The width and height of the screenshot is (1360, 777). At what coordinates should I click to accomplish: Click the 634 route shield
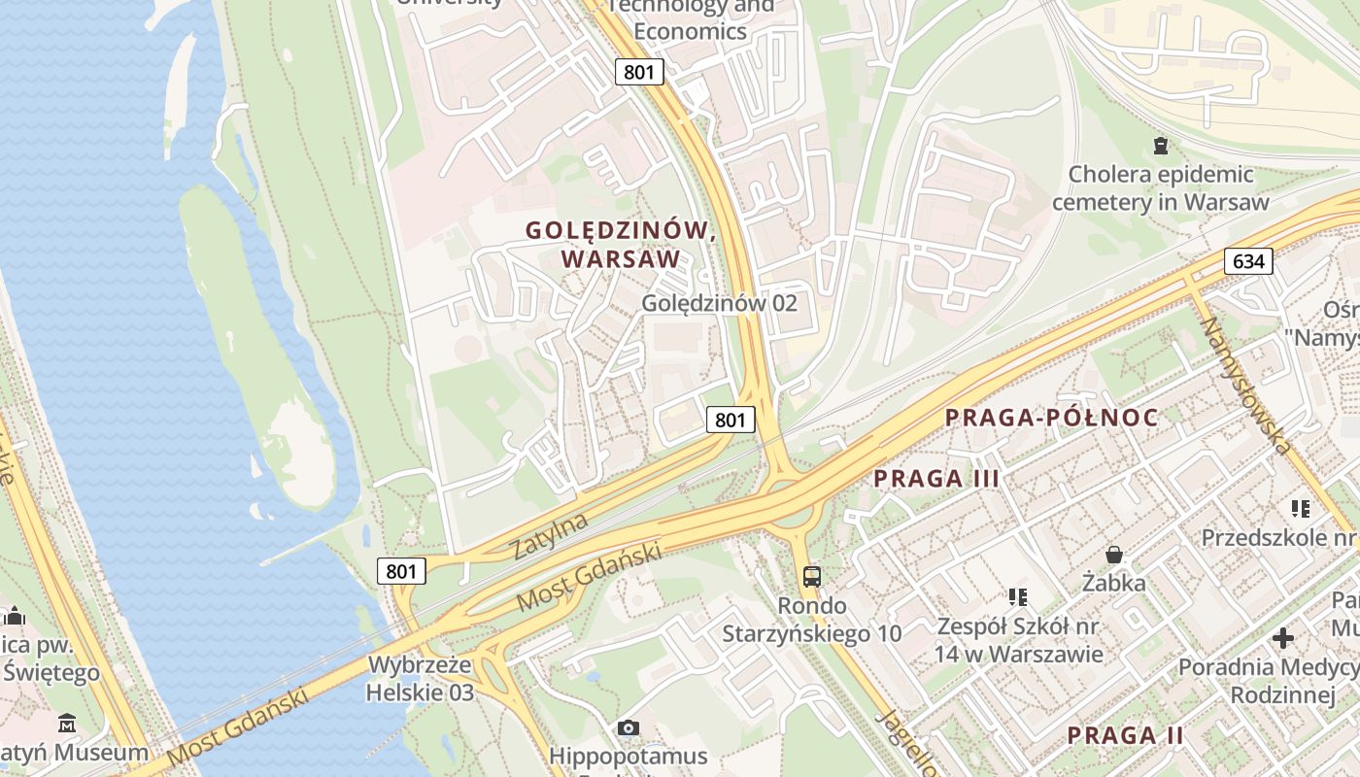[x=1248, y=260]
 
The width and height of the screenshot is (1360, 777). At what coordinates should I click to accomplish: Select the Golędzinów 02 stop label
[x=719, y=303]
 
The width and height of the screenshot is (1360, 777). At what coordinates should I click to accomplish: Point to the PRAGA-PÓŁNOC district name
[x=1052, y=418]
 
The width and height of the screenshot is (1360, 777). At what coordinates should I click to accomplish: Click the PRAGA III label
[x=936, y=478]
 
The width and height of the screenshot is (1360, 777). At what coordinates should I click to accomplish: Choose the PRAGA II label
[x=1125, y=735]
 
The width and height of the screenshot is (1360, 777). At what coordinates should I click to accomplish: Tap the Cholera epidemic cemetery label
[x=1160, y=188]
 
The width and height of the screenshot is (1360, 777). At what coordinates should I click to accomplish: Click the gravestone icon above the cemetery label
[x=1160, y=146]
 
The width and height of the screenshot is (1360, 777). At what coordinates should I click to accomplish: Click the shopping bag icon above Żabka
[x=1114, y=555]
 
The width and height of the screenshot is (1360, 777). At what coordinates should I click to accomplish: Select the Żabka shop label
[x=1114, y=583]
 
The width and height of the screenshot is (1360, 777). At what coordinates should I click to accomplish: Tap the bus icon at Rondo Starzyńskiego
[x=811, y=577]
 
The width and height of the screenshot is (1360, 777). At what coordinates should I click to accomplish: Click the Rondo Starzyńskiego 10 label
[x=811, y=620]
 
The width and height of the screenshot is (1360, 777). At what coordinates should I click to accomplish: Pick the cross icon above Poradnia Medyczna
[x=1282, y=638]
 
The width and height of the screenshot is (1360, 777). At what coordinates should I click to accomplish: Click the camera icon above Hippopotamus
[x=629, y=727]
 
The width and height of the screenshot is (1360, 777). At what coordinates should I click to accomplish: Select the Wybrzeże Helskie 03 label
[x=420, y=679]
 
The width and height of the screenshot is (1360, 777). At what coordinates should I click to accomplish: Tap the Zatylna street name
[x=550, y=536]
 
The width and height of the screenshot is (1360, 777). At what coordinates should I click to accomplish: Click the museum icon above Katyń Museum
[x=67, y=724]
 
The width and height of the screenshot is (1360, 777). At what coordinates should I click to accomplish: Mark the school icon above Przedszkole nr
[x=1301, y=508]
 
